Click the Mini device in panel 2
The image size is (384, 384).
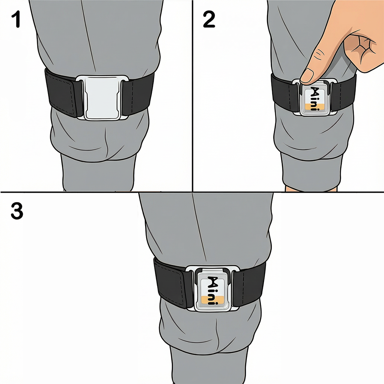click(x=314, y=98)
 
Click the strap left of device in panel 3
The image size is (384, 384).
click(x=171, y=283)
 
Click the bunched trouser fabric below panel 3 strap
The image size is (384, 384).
click(x=210, y=330)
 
